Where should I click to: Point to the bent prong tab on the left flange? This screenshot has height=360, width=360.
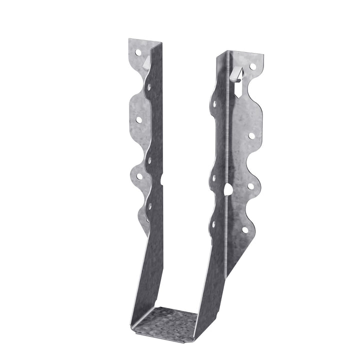(146, 62)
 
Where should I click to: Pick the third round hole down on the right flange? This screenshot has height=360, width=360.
(250, 185)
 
